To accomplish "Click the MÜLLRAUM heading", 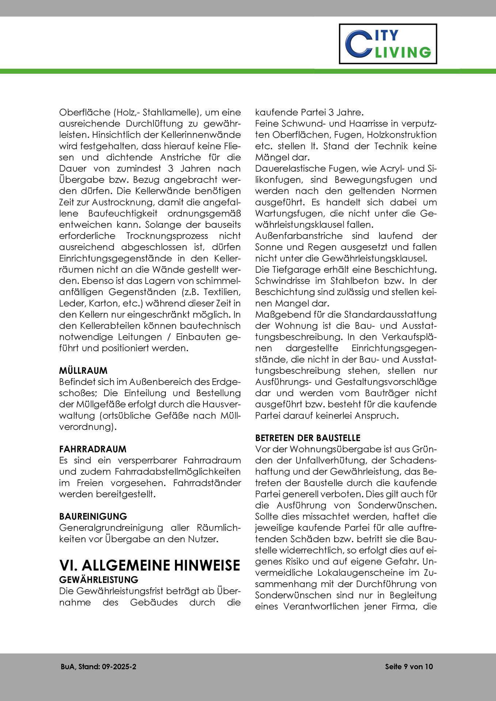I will [x=83, y=371].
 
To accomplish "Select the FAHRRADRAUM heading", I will [x=93, y=448].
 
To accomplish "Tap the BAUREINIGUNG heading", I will [x=93, y=516].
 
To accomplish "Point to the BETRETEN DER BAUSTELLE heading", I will [x=308, y=437].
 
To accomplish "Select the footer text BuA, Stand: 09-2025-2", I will [x=99, y=667].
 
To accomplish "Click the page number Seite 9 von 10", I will [x=409, y=667].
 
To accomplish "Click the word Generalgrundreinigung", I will [x=111, y=528].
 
